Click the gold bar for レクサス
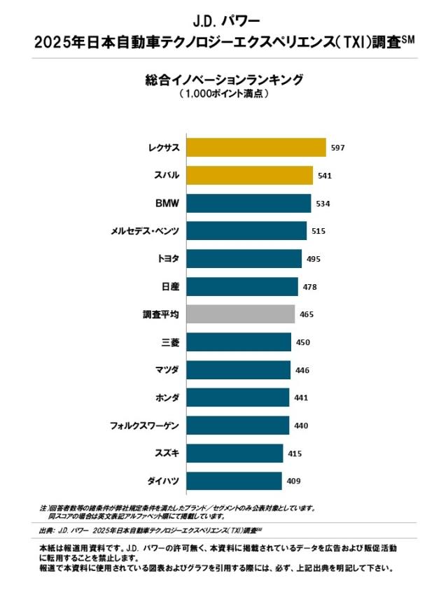256,147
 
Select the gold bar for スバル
249,175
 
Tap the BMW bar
248,203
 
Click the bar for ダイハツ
234,481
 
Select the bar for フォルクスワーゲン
238,426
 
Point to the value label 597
339,148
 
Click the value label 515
318,231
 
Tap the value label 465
307,315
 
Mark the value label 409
294,482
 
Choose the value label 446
302,370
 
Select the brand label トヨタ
169,259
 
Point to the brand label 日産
171,286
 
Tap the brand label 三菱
171,342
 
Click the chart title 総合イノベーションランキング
224,80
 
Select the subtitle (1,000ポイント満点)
224,93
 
